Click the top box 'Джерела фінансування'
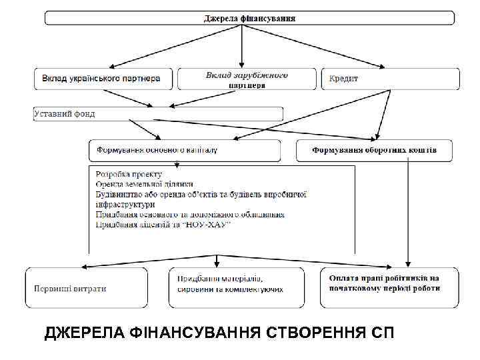coord(249,18)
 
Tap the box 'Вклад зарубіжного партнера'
coord(247,79)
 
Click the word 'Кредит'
coord(343,79)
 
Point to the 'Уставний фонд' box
coord(65,114)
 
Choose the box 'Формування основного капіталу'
coord(157,150)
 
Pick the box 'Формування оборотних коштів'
coord(375,151)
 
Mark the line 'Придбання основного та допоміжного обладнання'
coord(190,215)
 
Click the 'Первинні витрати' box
coord(70,289)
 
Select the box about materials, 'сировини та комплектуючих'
coord(231,284)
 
